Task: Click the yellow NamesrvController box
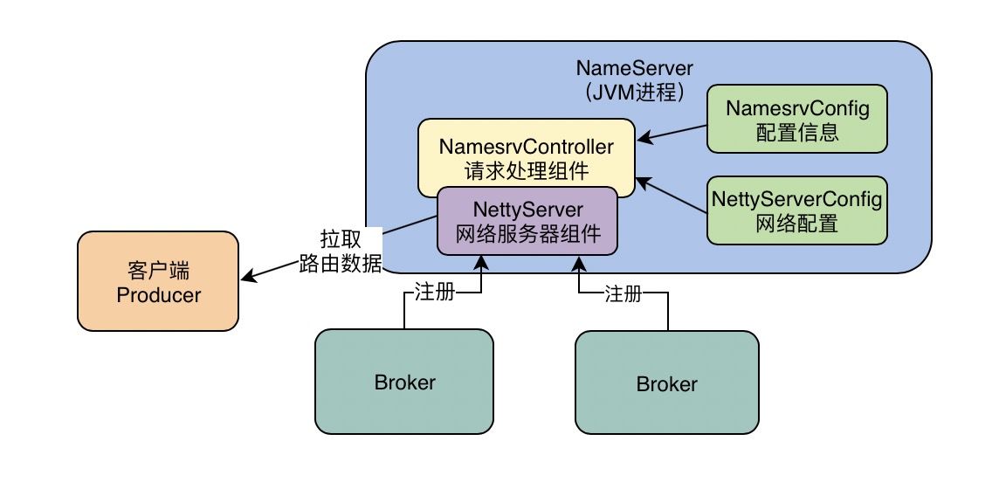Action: pos(527,148)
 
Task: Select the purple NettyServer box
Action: pos(527,221)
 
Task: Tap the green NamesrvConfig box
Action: pos(796,121)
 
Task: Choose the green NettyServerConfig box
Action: pos(796,210)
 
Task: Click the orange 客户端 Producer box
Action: pos(158,281)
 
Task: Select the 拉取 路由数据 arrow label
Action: pos(340,252)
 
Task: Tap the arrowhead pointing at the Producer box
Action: pos(247,279)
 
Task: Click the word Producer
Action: pos(158,295)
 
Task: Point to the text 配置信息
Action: pos(796,133)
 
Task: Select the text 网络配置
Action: pos(796,224)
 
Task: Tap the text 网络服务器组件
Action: pos(527,234)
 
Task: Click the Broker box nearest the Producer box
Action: pos(403,382)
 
